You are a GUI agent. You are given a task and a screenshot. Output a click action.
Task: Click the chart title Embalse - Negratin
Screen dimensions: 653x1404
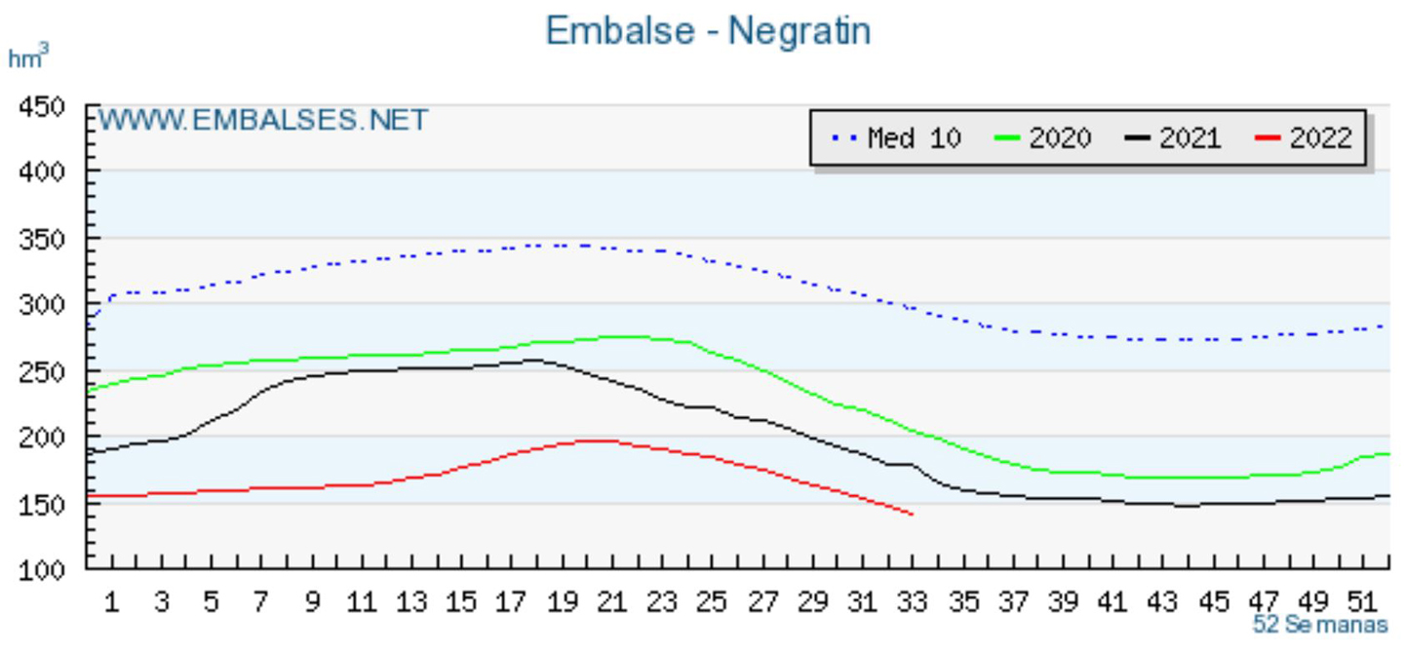tap(707, 31)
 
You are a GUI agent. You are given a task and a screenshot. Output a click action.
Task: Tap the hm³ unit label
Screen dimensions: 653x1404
tap(27, 58)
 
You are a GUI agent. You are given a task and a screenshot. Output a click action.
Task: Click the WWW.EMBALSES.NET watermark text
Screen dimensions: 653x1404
tap(263, 120)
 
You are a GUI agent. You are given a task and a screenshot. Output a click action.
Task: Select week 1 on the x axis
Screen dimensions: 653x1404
tap(112, 602)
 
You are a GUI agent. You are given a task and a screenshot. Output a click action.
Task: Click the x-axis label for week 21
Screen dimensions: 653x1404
tap(611, 602)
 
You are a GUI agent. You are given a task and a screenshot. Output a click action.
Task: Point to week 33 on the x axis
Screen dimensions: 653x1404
tap(912, 602)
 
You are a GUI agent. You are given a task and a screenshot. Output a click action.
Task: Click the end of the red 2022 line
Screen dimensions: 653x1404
tap(913, 514)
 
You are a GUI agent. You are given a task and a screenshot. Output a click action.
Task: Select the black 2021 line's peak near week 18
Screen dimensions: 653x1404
tap(531, 360)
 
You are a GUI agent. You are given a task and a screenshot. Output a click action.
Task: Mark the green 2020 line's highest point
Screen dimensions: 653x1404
tap(624, 336)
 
